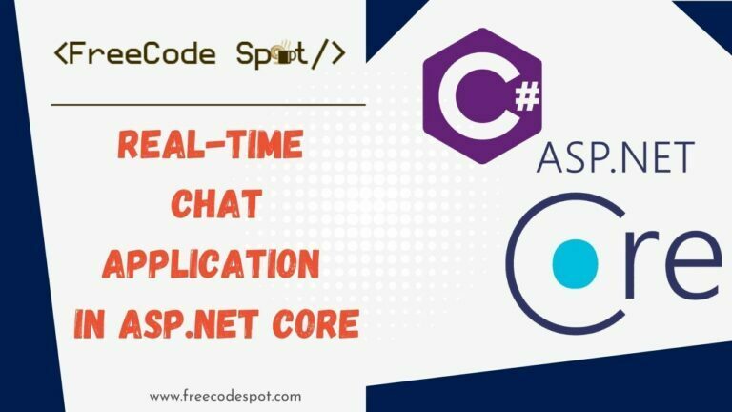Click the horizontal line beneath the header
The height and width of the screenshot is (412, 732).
[208, 103]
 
